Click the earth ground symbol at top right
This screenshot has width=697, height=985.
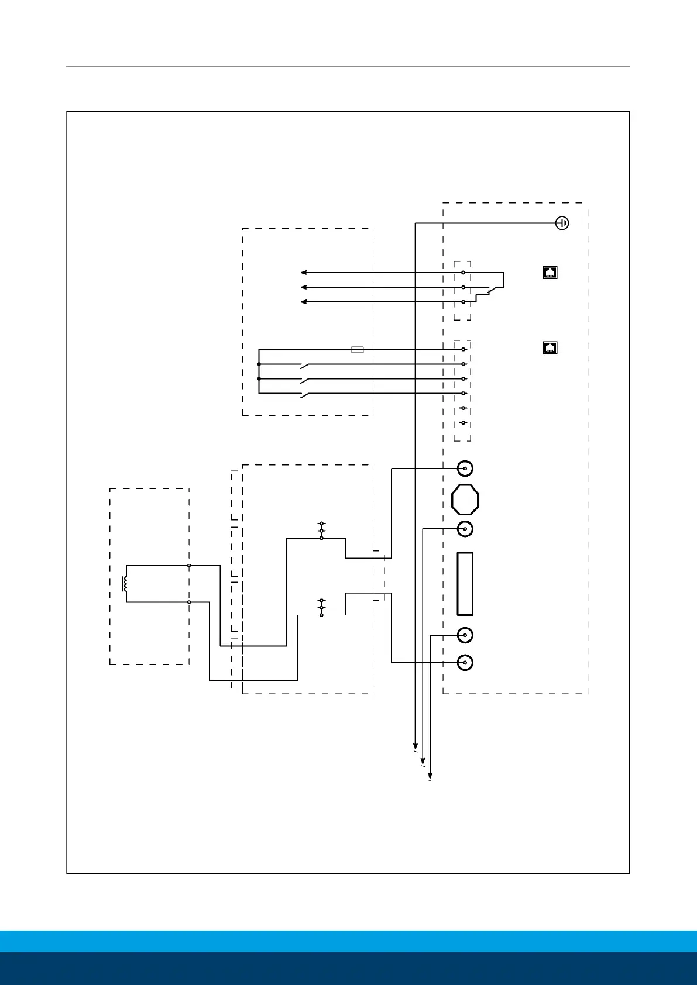562,223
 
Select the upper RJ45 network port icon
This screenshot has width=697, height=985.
550,272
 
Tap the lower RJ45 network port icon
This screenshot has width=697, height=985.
550,347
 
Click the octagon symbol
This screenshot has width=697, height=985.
465,500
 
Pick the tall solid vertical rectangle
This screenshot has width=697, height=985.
465,584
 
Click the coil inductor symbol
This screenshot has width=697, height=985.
125,584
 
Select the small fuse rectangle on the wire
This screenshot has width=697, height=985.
357,350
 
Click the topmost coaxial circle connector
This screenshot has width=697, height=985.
465,469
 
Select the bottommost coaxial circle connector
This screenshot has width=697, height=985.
465,663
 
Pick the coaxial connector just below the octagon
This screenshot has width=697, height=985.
465,529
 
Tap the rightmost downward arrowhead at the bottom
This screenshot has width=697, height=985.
430,775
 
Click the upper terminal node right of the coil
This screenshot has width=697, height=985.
189,566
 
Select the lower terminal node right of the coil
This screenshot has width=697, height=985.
189,602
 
